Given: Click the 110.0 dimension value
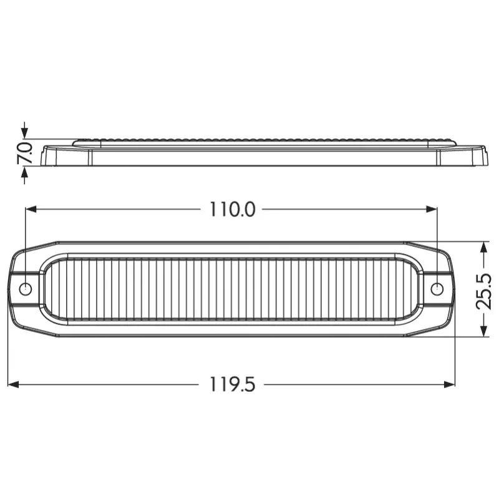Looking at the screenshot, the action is (232, 210).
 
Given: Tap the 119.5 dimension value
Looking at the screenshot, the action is (232, 384).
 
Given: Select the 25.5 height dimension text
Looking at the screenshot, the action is (483, 291).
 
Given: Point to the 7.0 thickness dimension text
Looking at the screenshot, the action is (25, 153).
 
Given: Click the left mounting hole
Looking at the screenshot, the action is (26, 289).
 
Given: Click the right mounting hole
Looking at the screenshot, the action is (437, 289).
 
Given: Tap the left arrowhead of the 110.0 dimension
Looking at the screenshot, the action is (31, 209).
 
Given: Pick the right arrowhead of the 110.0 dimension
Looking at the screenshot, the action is (432, 209).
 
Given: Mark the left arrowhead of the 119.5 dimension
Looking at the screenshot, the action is (13, 384).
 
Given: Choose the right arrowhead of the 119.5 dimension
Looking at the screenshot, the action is (449, 384).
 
